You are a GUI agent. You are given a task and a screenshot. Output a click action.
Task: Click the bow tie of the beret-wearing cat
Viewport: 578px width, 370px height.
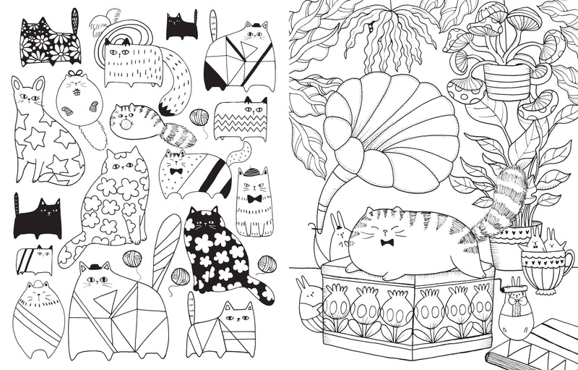[254, 198]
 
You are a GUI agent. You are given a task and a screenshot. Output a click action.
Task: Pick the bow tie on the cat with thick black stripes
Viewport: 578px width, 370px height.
[176, 173]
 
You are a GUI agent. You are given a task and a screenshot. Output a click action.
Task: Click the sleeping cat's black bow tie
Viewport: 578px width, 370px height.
[387, 242]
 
